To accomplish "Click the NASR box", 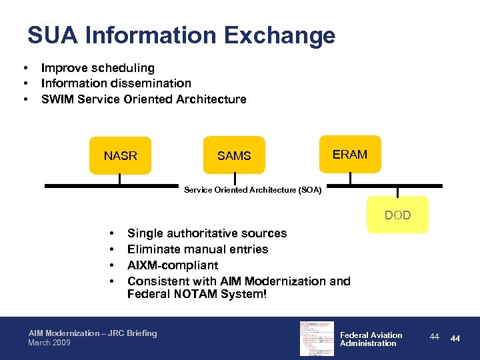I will (x=121, y=155).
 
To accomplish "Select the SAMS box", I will (x=234, y=155).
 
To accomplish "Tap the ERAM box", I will (x=350, y=154).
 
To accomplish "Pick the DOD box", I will (x=397, y=215).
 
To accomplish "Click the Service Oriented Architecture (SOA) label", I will (x=253, y=191).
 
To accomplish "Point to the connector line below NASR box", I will (x=121, y=179).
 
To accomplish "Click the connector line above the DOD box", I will (x=397, y=192).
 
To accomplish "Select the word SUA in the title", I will (x=53, y=35).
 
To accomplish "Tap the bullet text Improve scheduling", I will (x=97, y=68).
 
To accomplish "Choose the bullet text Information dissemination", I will (x=116, y=83).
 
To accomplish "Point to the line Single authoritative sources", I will (x=207, y=233).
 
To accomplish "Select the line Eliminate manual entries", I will (x=197, y=249).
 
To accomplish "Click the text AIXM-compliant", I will (x=173, y=265).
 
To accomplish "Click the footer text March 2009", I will (x=49, y=343).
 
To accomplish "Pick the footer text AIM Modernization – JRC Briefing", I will (x=93, y=333).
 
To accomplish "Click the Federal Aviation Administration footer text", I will (x=371, y=339).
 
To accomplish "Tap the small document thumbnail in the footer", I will (x=316, y=338).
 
